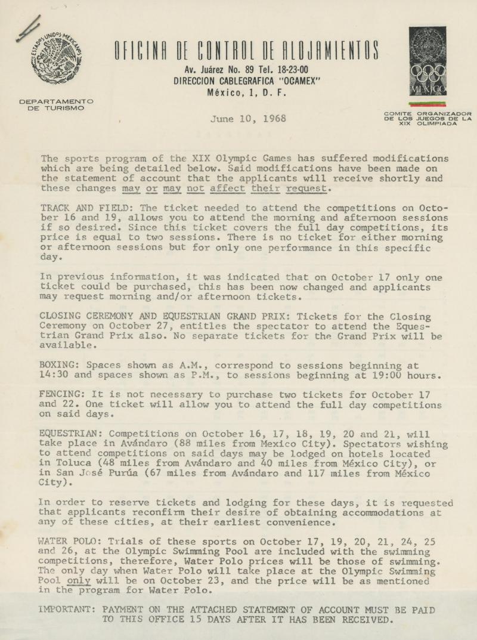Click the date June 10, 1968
click(x=247, y=119)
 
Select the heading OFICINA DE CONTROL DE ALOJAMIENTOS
click(x=246, y=51)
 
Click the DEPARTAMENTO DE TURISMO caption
click(x=56, y=105)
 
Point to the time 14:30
click(x=54, y=375)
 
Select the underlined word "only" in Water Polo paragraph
click(x=79, y=580)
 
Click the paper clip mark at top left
click(x=29, y=28)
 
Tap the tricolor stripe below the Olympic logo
click(x=428, y=104)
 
